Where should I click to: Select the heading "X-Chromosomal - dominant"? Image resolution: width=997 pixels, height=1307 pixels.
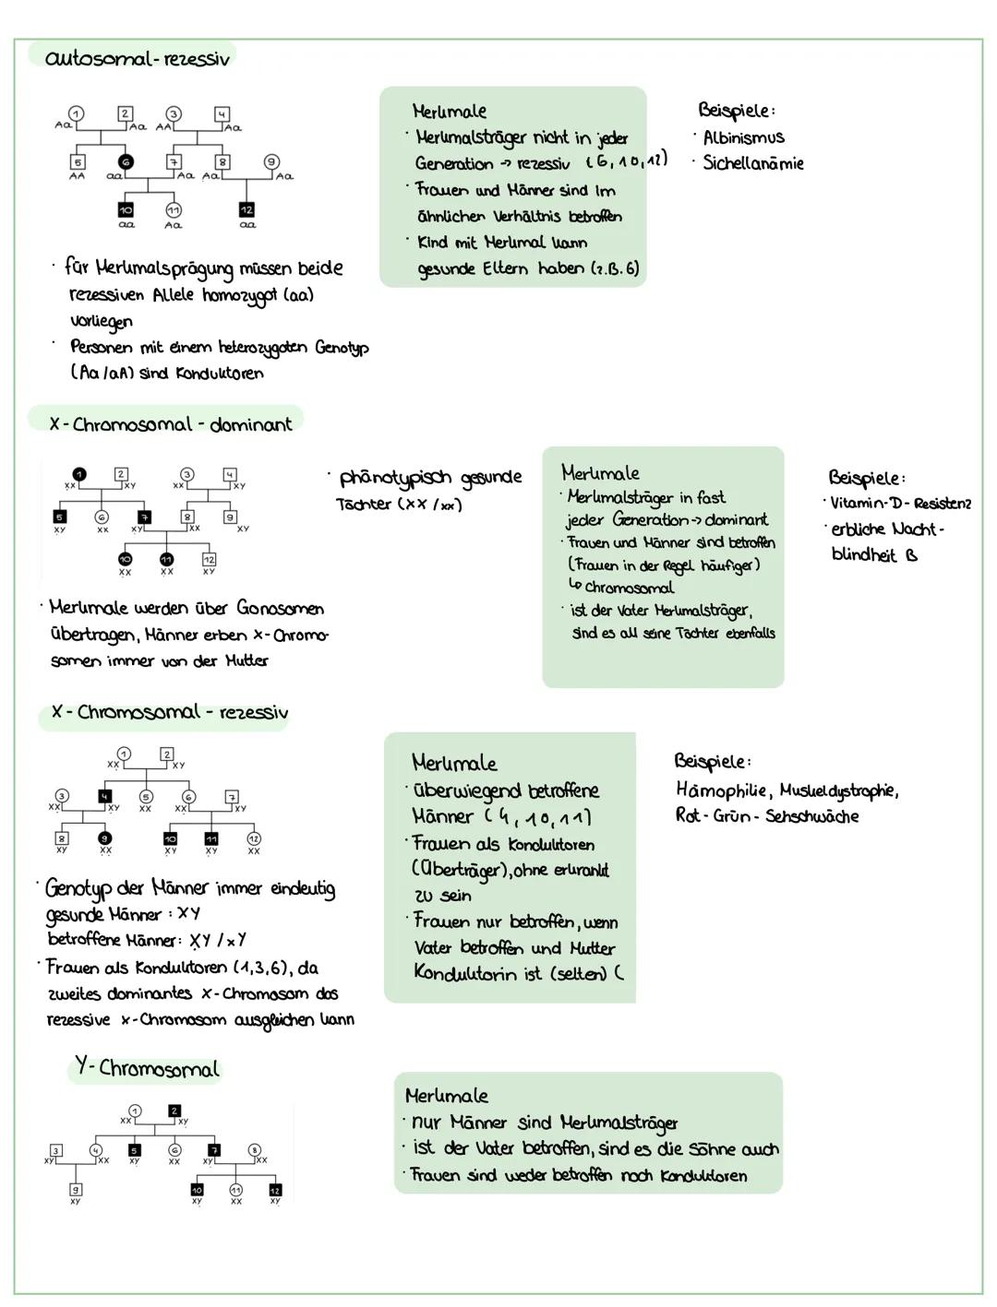pos(171,424)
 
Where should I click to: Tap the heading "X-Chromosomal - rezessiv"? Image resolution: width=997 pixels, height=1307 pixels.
pos(170,712)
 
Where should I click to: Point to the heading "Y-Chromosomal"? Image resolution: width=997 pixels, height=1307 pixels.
pos(148,1068)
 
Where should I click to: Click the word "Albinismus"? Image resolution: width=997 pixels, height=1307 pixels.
pos(743,137)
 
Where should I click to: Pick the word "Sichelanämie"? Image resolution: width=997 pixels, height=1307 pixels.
pos(752,163)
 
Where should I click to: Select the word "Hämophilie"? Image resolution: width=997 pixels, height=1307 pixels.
pos(724,790)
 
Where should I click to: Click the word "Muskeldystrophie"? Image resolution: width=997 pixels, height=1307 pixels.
pos(838,790)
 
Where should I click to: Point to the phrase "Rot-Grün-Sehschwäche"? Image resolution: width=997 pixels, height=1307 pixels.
pos(766,816)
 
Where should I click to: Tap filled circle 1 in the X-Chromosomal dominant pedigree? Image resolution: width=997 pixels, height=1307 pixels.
pos(80,474)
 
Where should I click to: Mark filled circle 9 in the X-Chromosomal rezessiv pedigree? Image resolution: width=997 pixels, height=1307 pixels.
pos(105,838)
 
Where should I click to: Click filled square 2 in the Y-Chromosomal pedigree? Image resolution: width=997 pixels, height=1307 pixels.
pos(174,1111)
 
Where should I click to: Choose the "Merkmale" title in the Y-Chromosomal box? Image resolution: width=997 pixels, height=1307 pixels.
pos(446,1096)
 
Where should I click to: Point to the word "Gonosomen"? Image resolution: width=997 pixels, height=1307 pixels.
pos(280,609)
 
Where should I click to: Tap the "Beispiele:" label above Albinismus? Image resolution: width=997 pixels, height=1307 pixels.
pos(736,111)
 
